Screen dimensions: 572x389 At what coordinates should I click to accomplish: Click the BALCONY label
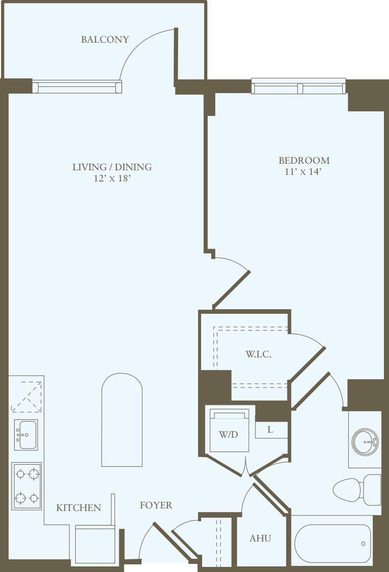click(105, 40)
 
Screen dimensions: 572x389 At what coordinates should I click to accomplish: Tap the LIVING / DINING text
click(112, 167)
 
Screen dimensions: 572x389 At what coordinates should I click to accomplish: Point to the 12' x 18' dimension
click(112, 179)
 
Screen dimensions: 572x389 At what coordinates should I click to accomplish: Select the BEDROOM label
click(304, 160)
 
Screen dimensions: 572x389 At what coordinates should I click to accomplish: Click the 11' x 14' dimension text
click(304, 172)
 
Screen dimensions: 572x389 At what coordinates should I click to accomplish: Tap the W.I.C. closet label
click(258, 354)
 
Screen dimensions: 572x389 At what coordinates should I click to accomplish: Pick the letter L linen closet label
click(270, 430)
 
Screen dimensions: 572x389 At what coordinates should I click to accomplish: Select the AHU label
click(260, 538)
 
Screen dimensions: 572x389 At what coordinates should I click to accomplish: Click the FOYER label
click(156, 505)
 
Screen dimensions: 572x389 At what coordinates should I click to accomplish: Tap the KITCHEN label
click(78, 507)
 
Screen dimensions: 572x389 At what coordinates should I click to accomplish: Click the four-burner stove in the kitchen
click(27, 486)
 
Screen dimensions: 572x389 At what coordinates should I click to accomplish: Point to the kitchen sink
click(25, 435)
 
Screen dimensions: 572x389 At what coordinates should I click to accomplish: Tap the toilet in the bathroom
click(355, 490)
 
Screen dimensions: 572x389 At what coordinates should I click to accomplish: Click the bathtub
click(333, 544)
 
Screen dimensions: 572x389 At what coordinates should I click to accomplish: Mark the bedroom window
click(299, 87)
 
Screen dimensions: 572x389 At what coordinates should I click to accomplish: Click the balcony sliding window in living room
click(77, 87)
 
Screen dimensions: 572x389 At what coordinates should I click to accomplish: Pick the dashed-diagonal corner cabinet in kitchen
click(26, 396)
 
